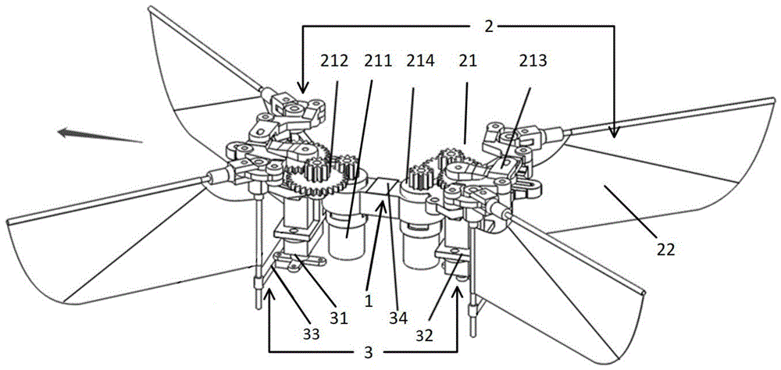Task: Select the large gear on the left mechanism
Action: tap(308, 184)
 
